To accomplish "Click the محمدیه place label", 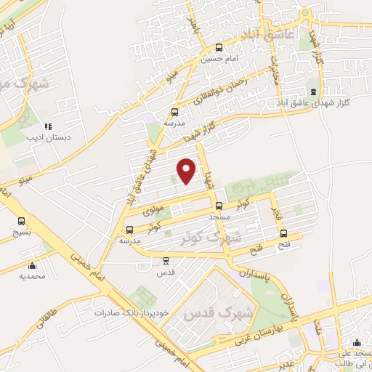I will [32, 276].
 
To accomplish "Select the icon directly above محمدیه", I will [32, 265].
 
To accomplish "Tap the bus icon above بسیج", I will [21, 221].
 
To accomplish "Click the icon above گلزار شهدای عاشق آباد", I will [313, 92].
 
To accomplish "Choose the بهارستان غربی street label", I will [333, 315].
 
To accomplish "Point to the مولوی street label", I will [150, 209].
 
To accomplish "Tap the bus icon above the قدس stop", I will [166, 260].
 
